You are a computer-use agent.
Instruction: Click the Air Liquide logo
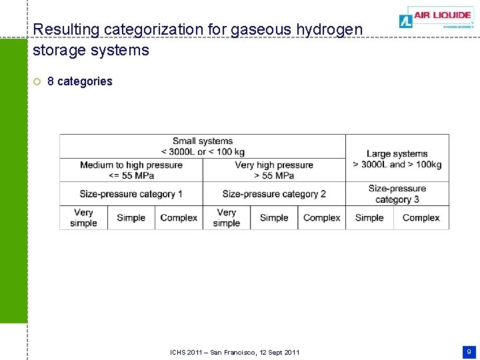pos(436,17)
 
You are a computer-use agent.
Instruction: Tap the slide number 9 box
pos(469,351)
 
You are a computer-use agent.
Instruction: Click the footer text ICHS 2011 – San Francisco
pos(235,352)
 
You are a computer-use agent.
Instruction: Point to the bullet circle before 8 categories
pos(37,82)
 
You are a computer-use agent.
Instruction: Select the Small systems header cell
pos(203,146)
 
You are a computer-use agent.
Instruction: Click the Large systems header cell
pos(397,159)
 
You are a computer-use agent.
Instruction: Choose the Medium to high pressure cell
pos(131,170)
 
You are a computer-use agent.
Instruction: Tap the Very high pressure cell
pos(274,170)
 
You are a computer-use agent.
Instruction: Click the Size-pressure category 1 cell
pos(131,194)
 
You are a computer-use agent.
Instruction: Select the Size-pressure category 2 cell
pos(274,194)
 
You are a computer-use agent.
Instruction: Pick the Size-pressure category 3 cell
pos(397,194)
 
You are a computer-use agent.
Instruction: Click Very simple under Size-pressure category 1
pos(83,217)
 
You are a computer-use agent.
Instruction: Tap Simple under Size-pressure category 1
pos(131,217)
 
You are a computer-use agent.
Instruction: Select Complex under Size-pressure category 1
pos(179,217)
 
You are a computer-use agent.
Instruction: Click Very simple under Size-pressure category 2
pos(227,217)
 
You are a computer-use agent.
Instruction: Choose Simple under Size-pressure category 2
pos(274,217)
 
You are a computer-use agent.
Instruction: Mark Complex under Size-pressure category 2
pos(322,217)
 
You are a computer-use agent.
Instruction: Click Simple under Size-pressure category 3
pos(369,217)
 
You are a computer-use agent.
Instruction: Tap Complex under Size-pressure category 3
pos(421,217)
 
